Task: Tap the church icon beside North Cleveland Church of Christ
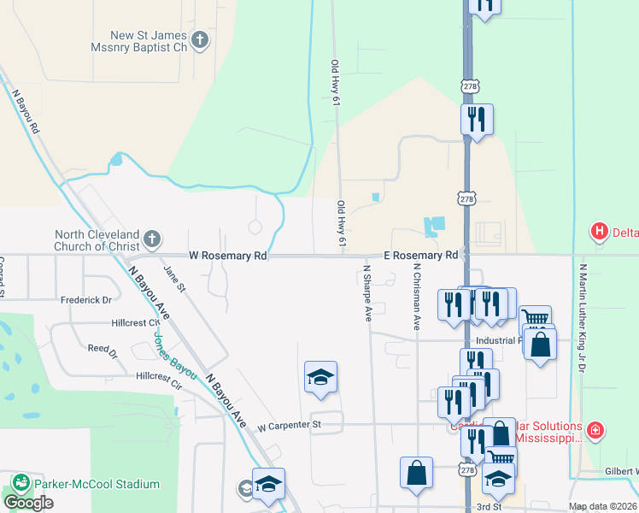tap(152, 239)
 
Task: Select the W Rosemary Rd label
tap(228, 256)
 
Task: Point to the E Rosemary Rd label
tap(421, 256)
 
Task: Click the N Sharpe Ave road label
tap(367, 292)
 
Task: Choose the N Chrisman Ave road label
tap(417, 296)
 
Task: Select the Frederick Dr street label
tap(86, 300)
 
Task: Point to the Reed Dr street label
tap(103, 349)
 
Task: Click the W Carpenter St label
tap(289, 425)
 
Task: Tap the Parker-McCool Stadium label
tap(97, 484)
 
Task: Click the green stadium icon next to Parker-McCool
tap(20, 483)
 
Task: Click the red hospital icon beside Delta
tap(600, 231)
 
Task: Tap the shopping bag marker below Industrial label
tap(540, 345)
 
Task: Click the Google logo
tap(28, 503)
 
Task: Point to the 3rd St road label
tap(489, 507)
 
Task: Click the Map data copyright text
tap(602, 507)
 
